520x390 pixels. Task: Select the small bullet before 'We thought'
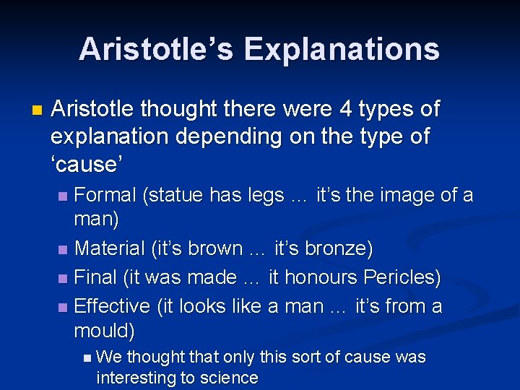pyautogui.click(x=87, y=357)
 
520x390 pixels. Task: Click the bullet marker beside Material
pyautogui.click(x=64, y=250)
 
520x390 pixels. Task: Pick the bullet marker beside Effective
pyautogui.click(x=64, y=308)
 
